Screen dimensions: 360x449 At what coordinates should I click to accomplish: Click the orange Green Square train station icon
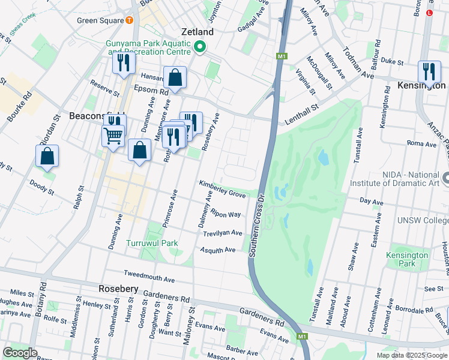[x=130, y=20]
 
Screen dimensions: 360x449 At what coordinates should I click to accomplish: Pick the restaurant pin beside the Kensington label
[x=429, y=71]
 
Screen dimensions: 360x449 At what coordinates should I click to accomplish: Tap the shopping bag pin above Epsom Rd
[x=175, y=78]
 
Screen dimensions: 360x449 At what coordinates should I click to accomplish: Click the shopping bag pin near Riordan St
[x=47, y=156]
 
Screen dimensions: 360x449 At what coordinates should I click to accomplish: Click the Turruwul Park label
[x=152, y=244]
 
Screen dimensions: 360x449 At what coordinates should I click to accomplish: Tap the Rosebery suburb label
[x=118, y=289]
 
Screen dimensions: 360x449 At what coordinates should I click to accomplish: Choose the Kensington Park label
[x=407, y=259]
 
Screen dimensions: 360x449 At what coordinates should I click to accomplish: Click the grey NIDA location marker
[x=445, y=178]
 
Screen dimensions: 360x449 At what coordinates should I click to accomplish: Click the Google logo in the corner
[x=20, y=353]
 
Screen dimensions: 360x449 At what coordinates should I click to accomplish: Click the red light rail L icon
[x=429, y=13]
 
